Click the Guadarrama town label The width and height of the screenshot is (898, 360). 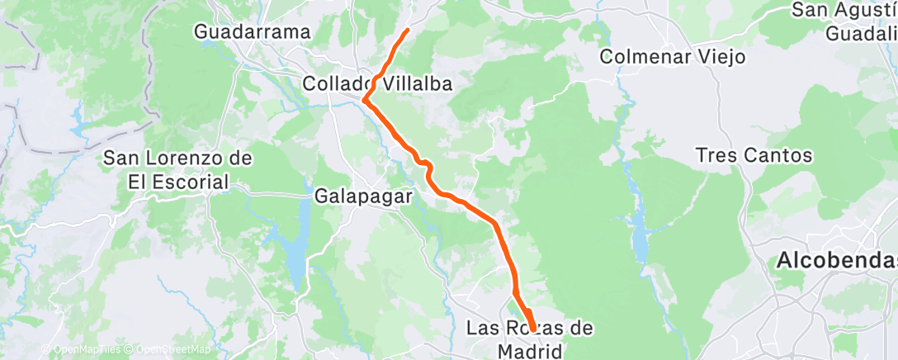(x=253, y=32)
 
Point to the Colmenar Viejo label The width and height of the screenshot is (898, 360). (x=673, y=57)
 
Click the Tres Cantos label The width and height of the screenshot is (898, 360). (x=754, y=155)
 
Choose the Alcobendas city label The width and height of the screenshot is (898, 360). (x=835, y=262)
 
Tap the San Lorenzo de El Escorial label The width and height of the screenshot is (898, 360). (x=177, y=169)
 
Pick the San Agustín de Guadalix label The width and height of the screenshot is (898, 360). (x=844, y=21)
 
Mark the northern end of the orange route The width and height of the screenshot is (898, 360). (x=408, y=31)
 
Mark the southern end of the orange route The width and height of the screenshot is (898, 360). (x=531, y=329)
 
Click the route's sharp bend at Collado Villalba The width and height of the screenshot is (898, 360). (x=364, y=101)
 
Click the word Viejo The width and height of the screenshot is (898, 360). (x=721, y=57)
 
